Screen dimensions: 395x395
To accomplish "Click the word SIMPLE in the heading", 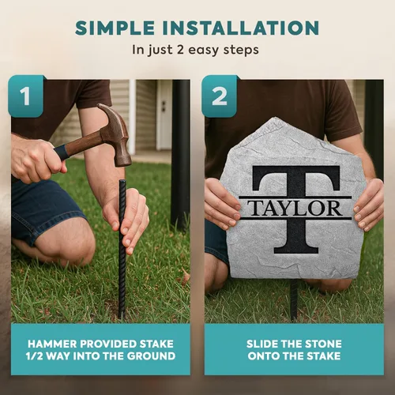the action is pos(115,28).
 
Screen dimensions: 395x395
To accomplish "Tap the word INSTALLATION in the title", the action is pos(241,28).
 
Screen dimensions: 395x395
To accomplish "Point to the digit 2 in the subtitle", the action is pos(180,50).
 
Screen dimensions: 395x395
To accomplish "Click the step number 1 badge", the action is pos(26,96).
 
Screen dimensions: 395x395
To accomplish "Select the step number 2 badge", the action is pos(219,96).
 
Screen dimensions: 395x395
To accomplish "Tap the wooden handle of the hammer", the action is pos(81,145).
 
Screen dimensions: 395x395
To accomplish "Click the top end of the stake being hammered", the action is pos(122,181).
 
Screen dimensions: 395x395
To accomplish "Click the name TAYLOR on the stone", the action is pos(295,208).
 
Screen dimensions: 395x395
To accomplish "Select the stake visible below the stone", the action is pos(294,299).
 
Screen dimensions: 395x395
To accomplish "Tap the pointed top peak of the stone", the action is pos(275,119).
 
